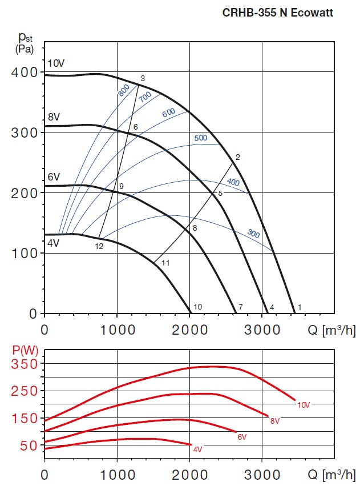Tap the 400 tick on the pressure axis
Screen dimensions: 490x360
(x=24, y=73)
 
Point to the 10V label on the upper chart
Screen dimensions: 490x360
(x=56, y=63)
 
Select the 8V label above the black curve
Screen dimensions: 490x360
(x=54, y=117)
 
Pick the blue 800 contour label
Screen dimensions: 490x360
(x=124, y=90)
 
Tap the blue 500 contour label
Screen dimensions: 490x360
(x=200, y=138)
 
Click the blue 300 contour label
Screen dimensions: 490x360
(x=253, y=233)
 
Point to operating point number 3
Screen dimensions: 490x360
(x=143, y=78)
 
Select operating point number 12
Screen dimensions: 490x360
(x=99, y=246)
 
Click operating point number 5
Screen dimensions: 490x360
(x=220, y=193)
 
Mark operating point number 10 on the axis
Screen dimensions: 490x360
(x=197, y=307)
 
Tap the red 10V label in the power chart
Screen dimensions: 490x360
(x=304, y=405)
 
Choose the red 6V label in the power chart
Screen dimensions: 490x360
(x=242, y=437)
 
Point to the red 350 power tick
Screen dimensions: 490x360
(x=25, y=364)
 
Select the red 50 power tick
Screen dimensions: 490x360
(x=29, y=445)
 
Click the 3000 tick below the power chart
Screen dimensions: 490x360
(x=262, y=474)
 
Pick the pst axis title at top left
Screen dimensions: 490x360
(x=25, y=42)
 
